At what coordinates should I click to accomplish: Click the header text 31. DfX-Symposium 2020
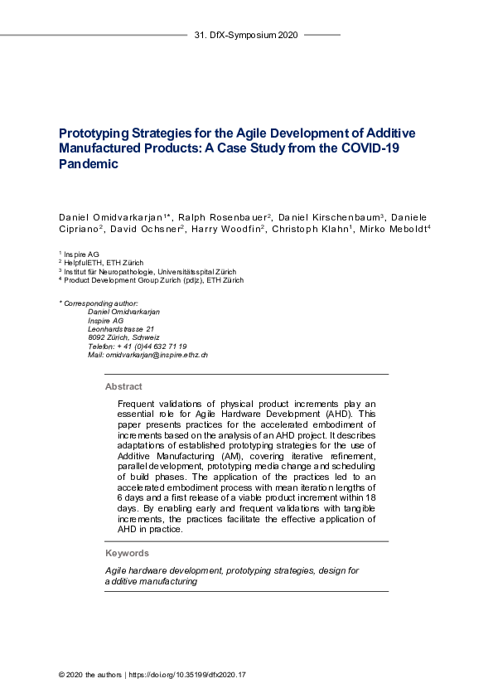click(246, 36)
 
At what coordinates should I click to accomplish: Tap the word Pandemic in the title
click(89, 164)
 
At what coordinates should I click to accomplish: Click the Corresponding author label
click(99, 303)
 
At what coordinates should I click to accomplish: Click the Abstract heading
click(123, 386)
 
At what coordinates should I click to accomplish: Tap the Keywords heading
click(127, 553)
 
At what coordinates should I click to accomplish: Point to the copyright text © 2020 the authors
click(89, 675)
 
